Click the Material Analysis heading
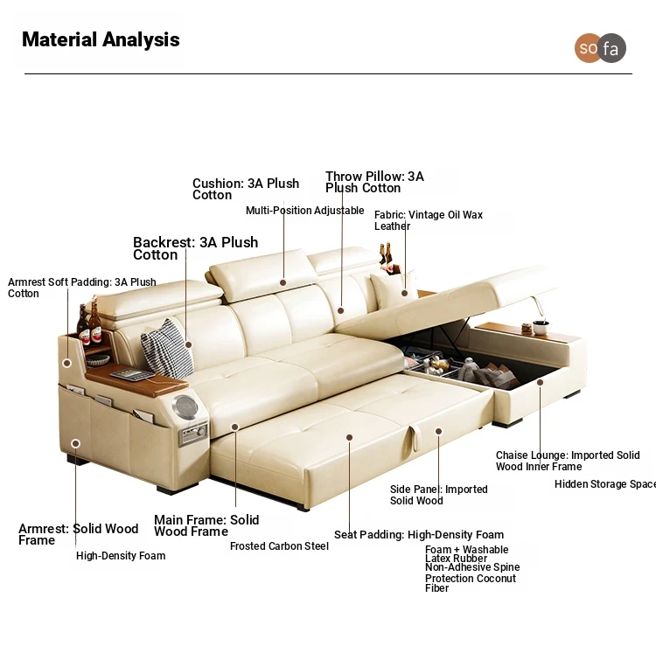click(x=101, y=39)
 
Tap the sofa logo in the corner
click(x=600, y=48)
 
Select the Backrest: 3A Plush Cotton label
click(x=195, y=248)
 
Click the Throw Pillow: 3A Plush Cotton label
click(x=374, y=182)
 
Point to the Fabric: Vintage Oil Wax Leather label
click(x=429, y=220)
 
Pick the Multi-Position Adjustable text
click(x=304, y=211)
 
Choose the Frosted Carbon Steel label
click(x=279, y=546)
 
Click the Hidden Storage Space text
click(x=605, y=484)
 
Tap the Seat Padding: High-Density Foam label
click(x=419, y=535)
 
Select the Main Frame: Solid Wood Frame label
click(x=206, y=525)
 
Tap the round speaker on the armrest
click(x=185, y=406)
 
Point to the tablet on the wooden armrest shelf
click(x=132, y=374)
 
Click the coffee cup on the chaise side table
click(x=541, y=327)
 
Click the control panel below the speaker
click(x=193, y=434)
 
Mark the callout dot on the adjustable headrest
click(x=283, y=282)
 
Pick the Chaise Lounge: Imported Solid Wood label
click(x=568, y=461)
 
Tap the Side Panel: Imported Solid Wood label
click(x=438, y=495)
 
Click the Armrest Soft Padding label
click(x=82, y=288)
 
